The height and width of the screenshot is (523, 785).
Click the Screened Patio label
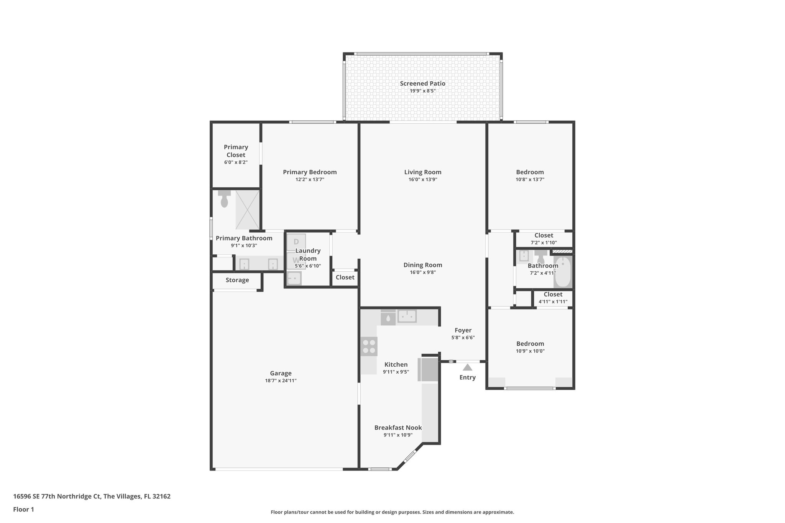tap(422, 84)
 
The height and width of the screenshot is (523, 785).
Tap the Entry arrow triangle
tap(467, 367)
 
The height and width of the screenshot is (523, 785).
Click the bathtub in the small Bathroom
tap(562, 272)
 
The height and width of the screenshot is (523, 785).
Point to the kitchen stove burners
tap(369, 346)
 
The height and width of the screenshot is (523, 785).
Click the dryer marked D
tap(296, 242)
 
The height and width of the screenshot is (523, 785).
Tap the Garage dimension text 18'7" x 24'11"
tap(281, 380)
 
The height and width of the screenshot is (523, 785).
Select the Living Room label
tap(422, 172)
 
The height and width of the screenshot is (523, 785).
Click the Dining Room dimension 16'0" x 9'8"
tap(422, 272)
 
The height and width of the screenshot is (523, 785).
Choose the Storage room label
tap(237, 280)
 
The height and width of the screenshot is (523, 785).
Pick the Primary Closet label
tap(236, 151)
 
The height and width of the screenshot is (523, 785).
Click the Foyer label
tap(463, 330)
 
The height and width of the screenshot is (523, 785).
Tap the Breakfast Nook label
tap(398, 428)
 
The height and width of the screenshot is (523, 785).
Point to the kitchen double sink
tap(407, 316)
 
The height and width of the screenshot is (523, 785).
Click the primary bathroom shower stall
tap(247, 210)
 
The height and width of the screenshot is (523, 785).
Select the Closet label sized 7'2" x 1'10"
tap(544, 235)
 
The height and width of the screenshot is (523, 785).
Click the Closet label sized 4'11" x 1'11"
tap(553, 294)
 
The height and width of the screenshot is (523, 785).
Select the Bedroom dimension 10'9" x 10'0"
tap(530, 351)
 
